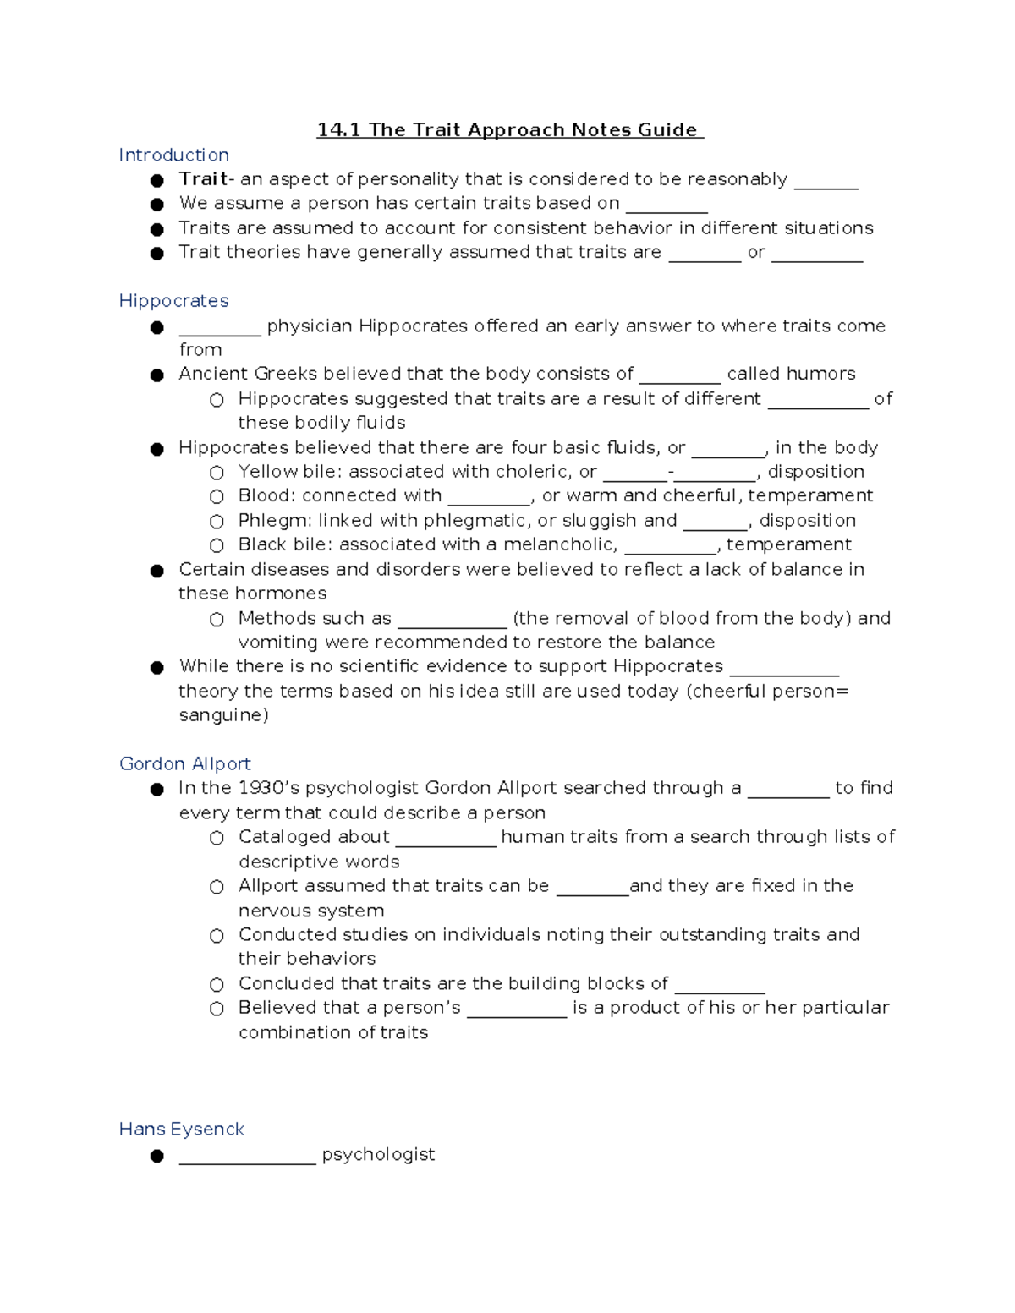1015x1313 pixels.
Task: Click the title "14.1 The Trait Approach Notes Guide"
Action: [509, 130]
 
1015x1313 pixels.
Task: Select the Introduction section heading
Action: [173, 156]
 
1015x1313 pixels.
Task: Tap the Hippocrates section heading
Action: [173, 301]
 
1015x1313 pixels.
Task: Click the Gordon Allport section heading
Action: [184, 764]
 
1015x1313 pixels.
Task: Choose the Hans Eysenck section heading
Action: [181, 1130]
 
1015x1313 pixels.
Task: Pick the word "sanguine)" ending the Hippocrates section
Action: [223, 715]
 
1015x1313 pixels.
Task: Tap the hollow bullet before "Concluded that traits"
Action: [217, 985]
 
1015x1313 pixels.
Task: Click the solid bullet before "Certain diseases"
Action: [157, 571]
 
